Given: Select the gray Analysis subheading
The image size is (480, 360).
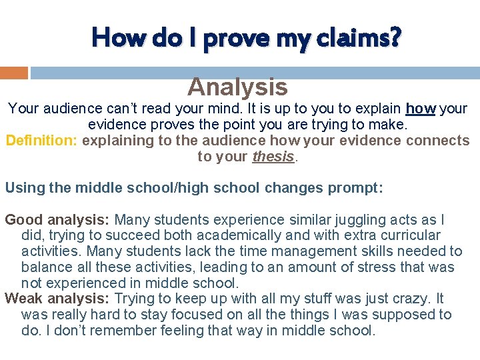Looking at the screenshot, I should tap(237, 87).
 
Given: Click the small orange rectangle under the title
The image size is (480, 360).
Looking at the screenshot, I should tap(14, 72).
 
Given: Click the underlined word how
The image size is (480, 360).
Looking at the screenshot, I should tap(420, 108).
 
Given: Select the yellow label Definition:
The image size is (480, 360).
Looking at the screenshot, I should tap(41, 141).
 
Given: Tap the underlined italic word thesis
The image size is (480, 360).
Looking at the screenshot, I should tap(273, 157).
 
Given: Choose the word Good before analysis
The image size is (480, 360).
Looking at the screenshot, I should tap(21, 219).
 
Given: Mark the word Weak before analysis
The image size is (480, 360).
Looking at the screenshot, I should tap(21, 299).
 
